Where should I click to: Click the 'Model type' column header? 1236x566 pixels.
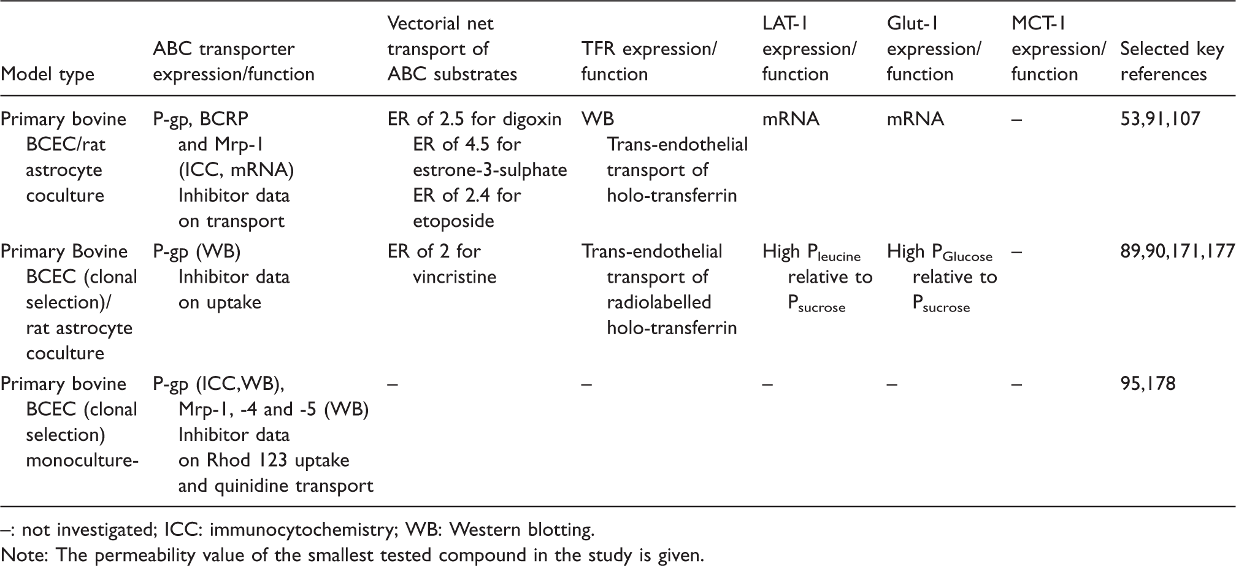click(x=48, y=75)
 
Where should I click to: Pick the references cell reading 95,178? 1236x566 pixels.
click(x=1148, y=384)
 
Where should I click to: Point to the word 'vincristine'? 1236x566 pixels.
click(x=455, y=277)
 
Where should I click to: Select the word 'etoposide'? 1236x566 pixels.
click(x=453, y=221)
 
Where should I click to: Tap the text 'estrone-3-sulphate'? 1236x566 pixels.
click(x=490, y=170)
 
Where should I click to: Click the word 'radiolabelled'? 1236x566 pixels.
click(x=659, y=302)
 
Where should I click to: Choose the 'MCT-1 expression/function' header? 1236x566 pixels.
click(x=1059, y=49)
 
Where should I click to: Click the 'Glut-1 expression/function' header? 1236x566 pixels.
click(x=934, y=49)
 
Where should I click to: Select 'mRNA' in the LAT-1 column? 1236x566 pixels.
click(x=791, y=119)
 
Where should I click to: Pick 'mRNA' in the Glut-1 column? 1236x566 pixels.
click(x=915, y=119)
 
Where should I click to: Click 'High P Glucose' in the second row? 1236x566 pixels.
click(x=940, y=252)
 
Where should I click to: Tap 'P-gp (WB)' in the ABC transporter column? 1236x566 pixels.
click(x=196, y=252)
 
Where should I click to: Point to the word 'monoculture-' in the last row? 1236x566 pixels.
click(x=82, y=461)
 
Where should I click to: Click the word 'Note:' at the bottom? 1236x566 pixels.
click(x=25, y=556)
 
